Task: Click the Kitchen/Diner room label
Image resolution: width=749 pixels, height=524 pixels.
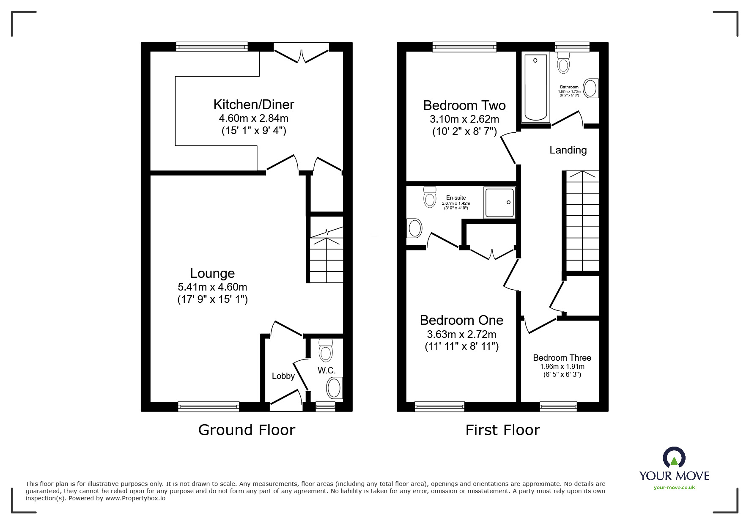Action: [x=253, y=104]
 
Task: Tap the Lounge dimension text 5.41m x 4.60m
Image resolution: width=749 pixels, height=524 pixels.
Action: [x=212, y=287]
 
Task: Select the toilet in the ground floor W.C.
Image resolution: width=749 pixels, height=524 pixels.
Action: [x=325, y=351]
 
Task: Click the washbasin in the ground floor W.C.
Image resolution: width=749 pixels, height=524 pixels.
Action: [x=334, y=388]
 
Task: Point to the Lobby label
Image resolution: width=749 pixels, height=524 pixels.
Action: [x=283, y=376]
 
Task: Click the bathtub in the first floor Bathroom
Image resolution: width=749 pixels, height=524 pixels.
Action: [x=535, y=87]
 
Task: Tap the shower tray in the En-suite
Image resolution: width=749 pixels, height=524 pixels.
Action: [x=500, y=203]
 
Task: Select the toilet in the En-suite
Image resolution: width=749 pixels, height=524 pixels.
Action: [x=430, y=197]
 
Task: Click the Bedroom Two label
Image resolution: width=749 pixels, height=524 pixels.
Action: [x=464, y=105]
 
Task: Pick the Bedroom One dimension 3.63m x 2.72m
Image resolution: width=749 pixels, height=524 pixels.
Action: [x=461, y=334]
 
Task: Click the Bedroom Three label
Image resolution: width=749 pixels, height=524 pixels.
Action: [x=562, y=358]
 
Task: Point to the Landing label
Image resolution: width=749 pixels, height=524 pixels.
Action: [x=568, y=150]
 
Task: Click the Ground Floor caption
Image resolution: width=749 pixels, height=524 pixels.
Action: [x=247, y=430]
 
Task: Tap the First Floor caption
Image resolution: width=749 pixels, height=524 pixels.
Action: [x=502, y=430]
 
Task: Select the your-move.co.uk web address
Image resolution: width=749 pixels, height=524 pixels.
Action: [x=674, y=488]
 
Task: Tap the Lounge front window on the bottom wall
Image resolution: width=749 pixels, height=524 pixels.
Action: [x=209, y=406]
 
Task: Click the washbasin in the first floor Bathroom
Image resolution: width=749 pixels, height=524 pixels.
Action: [x=591, y=88]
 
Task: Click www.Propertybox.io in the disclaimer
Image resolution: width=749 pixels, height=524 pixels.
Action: [x=135, y=498]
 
